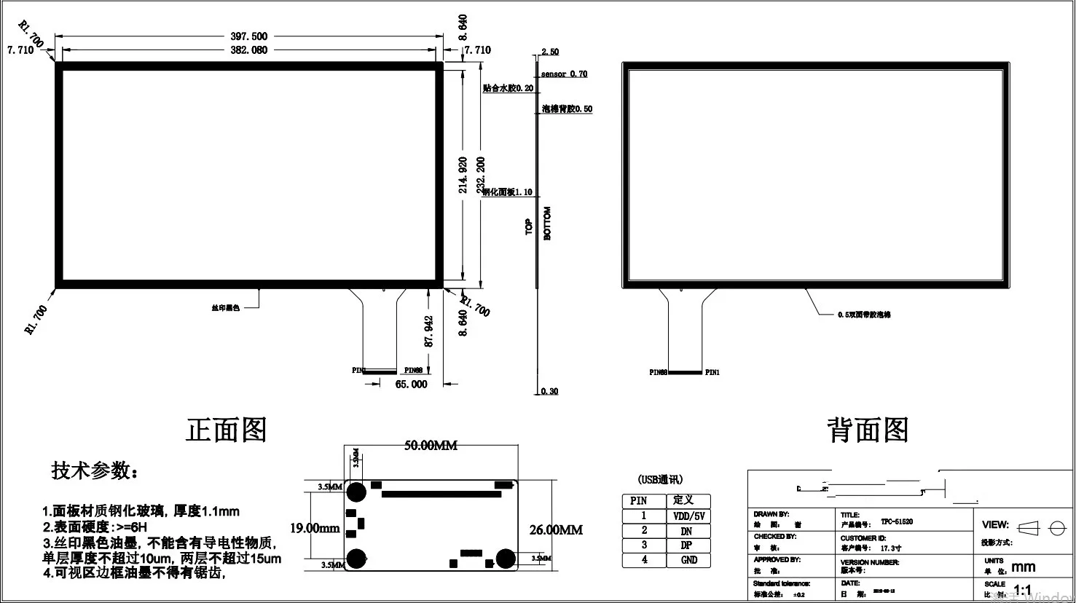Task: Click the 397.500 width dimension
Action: click(249, 36)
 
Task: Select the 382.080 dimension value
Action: click(249, 50)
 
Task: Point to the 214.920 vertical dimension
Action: click(463, 174)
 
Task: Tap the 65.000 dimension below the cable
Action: click(411, 384)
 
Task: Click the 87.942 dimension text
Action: click(429, 331)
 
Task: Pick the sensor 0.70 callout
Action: click(564, 74)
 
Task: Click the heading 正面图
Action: click(227, 430)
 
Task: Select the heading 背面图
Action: click(868, 430)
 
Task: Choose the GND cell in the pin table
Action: click(688, 560)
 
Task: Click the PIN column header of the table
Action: click(639, 501)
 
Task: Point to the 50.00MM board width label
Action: click(431, 446)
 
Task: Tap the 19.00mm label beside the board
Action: click(315, 528)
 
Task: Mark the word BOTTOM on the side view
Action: click(548, 223)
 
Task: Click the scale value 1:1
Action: click(1023, 590)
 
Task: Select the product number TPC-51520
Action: click(897, 522)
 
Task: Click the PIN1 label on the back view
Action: click(712, 373)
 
